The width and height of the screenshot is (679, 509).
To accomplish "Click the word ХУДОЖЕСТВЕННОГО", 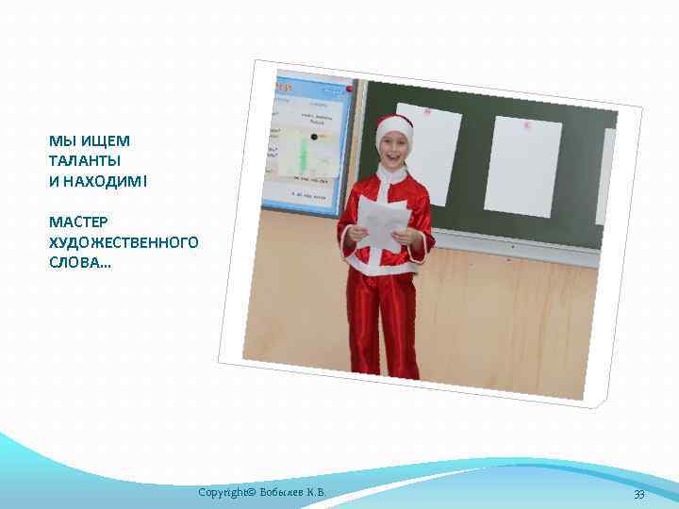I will click(123, 242).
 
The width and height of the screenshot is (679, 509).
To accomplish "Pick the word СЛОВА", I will click(77, 262).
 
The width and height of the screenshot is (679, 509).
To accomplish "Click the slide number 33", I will click(638, 495).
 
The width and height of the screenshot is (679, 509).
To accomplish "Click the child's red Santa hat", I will click(394, 127).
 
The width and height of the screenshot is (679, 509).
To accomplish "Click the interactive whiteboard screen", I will click(306, 141).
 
